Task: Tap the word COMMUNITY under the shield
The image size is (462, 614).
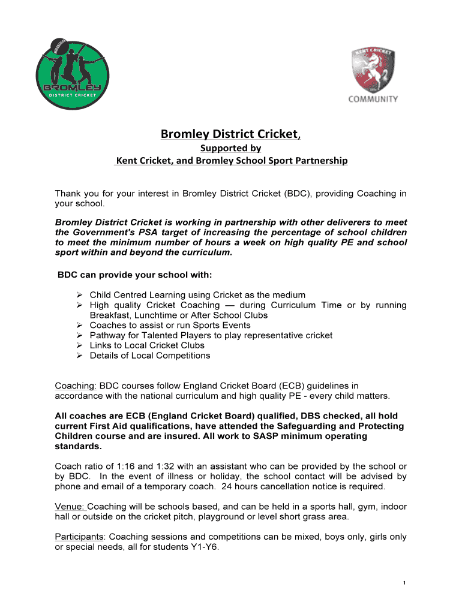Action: click(373, 99)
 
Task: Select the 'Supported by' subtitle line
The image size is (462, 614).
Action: click(231, 148)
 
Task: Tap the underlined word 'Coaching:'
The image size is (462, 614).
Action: click(76, 386)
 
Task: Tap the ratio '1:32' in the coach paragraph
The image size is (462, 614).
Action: click(155, 466)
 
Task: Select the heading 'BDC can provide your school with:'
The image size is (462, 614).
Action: click(134, 275)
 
